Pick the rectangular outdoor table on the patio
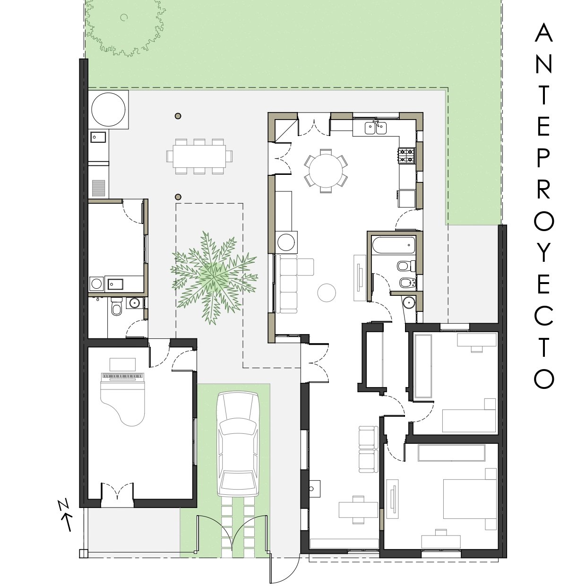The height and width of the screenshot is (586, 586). pos(199,156)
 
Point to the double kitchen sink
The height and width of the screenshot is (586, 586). pos(376,128)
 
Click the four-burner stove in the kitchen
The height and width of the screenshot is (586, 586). pos(406,155)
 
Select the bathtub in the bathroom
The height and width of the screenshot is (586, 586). pos(394,245)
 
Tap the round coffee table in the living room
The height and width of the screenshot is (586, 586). pos(327,293)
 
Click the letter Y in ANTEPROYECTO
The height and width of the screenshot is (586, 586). pos(544,252)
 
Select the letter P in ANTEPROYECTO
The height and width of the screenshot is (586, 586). pos(544,157)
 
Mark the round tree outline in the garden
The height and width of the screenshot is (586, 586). pos(125,27)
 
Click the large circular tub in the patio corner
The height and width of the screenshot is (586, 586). pos(108,109)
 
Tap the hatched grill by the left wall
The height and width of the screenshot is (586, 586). pos(98,188)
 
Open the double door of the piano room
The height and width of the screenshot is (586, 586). pos(117,491)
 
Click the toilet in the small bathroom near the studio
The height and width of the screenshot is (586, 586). pos(116,306)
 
